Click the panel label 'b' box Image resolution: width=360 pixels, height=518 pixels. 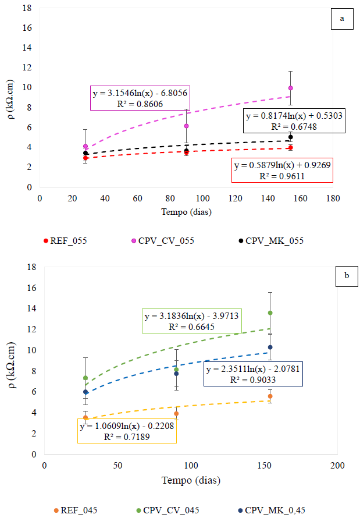point(347,277)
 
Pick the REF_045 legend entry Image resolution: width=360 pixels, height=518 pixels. point(76,510)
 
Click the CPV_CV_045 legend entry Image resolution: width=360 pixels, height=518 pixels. point(167,510)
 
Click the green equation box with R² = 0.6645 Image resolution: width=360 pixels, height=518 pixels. point(191,321)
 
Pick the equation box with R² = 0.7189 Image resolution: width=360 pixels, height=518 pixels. point(127,431)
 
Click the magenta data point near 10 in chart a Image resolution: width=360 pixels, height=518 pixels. point(290,88)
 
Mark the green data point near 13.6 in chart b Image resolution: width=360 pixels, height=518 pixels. point(270,313)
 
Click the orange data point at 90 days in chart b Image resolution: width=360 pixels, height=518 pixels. point(176,414)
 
